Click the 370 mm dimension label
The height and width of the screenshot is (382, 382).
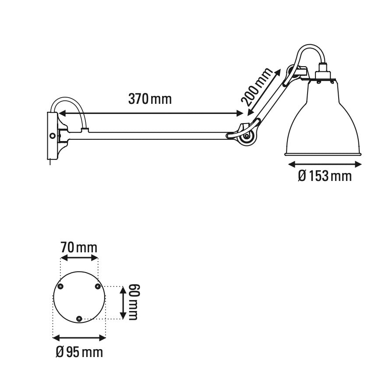[x=150, y=99]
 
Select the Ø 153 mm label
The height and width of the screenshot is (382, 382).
[x=325, y=177]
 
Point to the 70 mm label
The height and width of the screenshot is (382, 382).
[x=79, y=248]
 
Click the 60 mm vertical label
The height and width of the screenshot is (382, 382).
[x=132, y=302]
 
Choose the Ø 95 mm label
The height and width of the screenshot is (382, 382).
[x=79, y=351]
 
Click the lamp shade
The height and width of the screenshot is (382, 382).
[x=323, y=123]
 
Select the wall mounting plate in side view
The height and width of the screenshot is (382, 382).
[x=52, y=136]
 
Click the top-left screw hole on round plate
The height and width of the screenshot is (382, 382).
[x=61, y=286]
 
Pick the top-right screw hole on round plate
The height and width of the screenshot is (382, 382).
[x=98, y=286]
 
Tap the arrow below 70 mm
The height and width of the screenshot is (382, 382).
[x=79, y=258]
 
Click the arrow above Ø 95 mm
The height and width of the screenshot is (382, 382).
[x=79, y=337]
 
